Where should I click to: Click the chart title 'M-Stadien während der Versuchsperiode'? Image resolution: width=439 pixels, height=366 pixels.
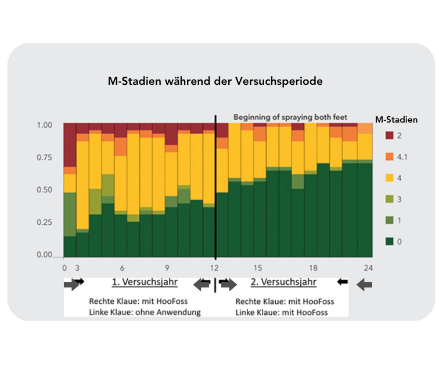[215, 82]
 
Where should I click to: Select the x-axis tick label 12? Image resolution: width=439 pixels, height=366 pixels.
[214, 268]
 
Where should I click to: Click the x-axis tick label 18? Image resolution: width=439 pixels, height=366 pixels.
[313, 268]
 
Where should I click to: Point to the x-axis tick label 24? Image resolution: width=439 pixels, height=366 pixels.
[367, 268]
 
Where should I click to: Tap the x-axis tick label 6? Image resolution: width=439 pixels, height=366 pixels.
[122, 268]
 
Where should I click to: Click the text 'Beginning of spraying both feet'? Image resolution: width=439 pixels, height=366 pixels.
[290, 117]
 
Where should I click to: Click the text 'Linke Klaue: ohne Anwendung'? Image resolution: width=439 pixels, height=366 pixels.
[145, 312]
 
